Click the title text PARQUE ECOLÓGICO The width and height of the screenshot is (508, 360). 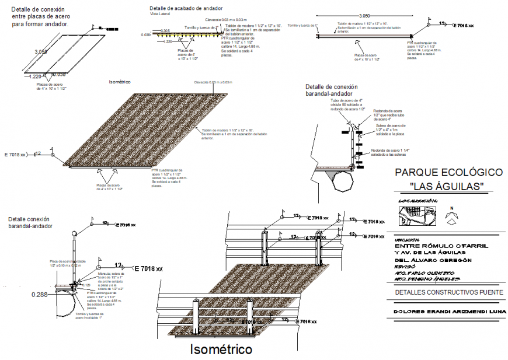tap(448, 173)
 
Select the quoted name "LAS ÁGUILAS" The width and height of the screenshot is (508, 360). tap(448, 186)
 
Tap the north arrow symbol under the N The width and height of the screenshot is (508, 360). tap(451, 218)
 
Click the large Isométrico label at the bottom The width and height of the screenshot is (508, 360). tap(221, 349)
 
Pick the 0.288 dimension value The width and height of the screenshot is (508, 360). tap(40, 295)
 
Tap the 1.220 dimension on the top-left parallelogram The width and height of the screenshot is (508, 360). tap(34, 76)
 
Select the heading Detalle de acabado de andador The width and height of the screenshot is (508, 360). tap(185, 9)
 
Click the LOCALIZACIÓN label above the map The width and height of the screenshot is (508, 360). tap(417, 201)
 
